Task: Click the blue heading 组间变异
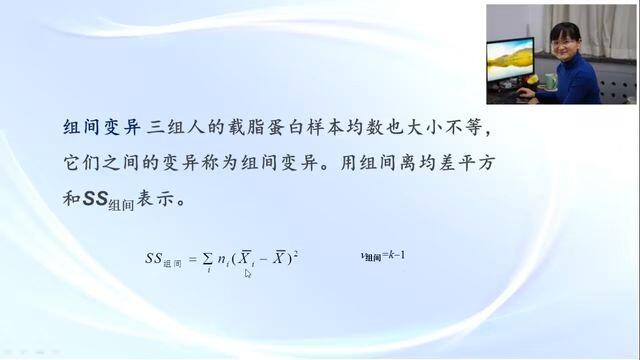pos(102,127)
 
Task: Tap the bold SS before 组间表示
pos(96,198)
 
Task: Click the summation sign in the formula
pos(208,260)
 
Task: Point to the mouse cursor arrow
pos(248,273)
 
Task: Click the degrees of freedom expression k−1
pos(397,256)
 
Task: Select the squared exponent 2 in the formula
pos(296,253)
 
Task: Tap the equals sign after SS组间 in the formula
pos(193,259)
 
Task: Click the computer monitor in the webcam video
pos(510,61)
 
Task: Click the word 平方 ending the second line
pos(477,163)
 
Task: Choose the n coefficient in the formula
pos(222,259)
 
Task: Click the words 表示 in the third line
pos(155,199)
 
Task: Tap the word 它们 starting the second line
pos(81,163)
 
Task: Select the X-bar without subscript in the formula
pos(279,257)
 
